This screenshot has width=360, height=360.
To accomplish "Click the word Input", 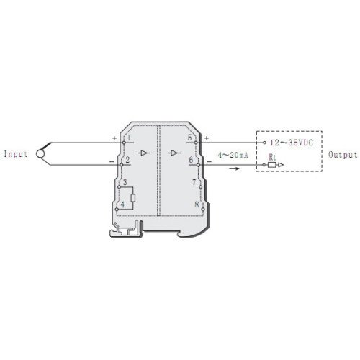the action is [x=16, y=154].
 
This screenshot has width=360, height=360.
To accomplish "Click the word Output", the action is [x=343, y=155].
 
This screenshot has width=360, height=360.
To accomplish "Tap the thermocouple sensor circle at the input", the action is [x=40, y=154].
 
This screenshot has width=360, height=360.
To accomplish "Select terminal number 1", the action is [x=129, y=138].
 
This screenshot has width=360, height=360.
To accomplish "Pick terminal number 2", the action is [x=127, y=160].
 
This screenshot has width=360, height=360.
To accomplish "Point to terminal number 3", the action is [x=125, y=182].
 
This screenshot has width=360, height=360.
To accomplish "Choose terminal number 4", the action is [x=122, y=204].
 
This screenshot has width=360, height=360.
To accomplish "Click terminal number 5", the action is [x=190, y=138].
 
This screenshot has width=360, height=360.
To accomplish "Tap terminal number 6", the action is [x=191, y=160].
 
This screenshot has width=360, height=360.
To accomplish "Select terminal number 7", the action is [x=194, y=182].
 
